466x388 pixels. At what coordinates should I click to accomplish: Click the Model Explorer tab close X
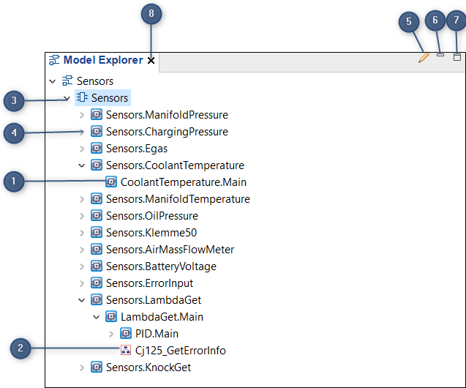coord(151,61)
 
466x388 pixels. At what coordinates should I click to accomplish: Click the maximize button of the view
coord(457,56)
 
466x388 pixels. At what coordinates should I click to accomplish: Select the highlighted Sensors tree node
coord(109,97)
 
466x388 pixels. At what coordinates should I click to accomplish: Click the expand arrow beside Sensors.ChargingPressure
coord(82,132)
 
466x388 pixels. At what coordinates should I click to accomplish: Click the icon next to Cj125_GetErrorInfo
coord(126,351)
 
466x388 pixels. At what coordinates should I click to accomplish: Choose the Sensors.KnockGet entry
coord(149,367)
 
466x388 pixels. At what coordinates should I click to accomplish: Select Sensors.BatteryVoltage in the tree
coord(161,266)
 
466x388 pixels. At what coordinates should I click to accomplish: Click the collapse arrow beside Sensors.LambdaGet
coord(82,300)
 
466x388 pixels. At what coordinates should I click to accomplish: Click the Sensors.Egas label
coord(136,149)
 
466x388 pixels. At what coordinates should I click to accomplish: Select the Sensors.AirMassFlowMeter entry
coord(170,250)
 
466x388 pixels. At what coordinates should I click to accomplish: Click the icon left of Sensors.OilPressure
coord(97,216)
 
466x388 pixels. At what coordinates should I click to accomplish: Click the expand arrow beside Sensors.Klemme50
coord(82,233)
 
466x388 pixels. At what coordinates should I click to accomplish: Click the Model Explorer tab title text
coord(103,61)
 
